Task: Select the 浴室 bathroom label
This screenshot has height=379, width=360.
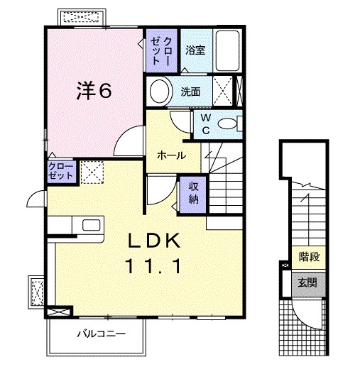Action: click(x=195, y=51)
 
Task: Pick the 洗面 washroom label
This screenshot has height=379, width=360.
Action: click(x=190, y=92)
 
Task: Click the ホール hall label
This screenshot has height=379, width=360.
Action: click(x=171, y=155)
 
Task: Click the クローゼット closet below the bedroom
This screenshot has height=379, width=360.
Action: click(x=60, y=171)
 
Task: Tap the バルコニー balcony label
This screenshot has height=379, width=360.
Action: click(x=97, y=333)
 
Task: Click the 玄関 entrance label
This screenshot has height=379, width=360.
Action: click(x=307, y=282)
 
